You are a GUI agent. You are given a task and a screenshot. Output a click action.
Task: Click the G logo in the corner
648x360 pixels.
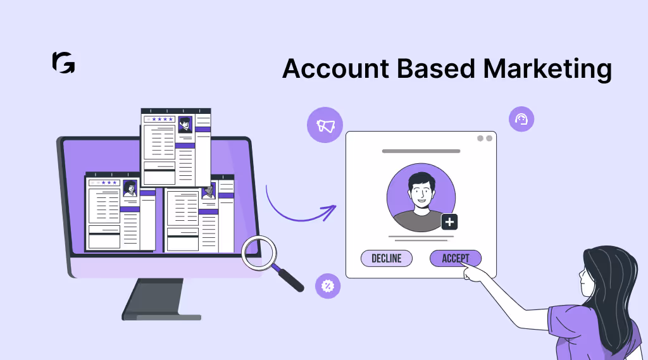click(x=63, y=63)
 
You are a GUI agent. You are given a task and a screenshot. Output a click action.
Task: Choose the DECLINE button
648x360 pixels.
click(x=386, y=258)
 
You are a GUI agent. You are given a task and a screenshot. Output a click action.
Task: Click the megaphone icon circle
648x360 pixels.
click(x=325, y=125)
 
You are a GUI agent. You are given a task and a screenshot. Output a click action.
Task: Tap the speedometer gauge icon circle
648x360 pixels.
click(x=521, y=119)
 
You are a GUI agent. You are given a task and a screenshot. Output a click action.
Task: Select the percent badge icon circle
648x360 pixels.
click(x=328, y=285)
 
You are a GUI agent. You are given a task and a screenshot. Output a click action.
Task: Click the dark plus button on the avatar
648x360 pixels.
click(x=449, y=222)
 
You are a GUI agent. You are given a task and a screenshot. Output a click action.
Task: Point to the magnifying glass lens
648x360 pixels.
click(x=259, y=252)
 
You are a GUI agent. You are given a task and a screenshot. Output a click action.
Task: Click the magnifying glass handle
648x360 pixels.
click(x=290, y=280)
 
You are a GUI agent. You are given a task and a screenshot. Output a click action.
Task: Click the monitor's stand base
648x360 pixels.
click(x=162, y=314)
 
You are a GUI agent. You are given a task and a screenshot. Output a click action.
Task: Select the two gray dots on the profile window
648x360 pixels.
click(x=484, y=139)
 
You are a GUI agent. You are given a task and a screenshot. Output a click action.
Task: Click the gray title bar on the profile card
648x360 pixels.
click(x=421, y=151)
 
